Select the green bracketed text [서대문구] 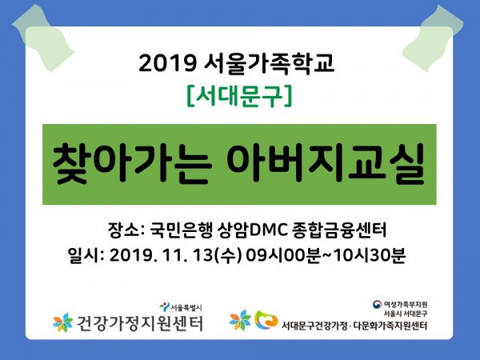pos(240,97)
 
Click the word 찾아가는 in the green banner pos(132,164)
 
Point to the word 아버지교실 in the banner pos(326,164)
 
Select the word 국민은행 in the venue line pos(182,230)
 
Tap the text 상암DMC pos(253,230)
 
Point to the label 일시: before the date pos(86,255)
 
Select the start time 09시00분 pos(283,255)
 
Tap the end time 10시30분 pos(369,255)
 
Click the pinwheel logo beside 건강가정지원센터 pos(62,322)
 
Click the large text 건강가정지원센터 pos(139,323)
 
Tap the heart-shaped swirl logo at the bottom pos(266,320)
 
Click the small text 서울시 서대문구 pos(406,314)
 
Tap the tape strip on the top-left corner pos(43,38)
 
